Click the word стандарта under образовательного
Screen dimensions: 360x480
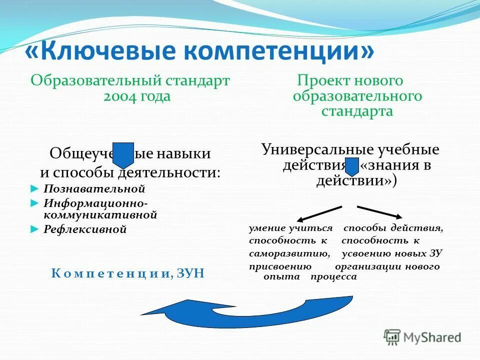click(357, 111)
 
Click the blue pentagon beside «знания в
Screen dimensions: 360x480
click(352, 166)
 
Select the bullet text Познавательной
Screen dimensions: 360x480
click(94, 189)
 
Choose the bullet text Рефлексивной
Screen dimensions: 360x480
click(85, 229)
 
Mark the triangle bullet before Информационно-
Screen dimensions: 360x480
click(34, 203)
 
